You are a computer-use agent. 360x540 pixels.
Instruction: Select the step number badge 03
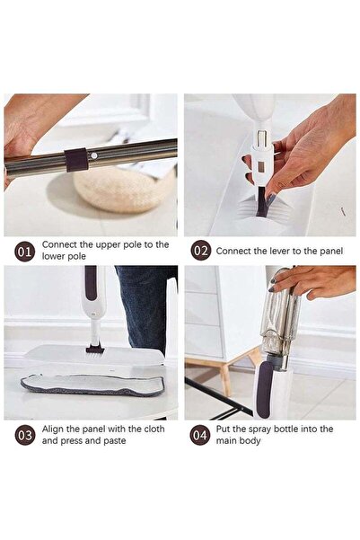[25, 436]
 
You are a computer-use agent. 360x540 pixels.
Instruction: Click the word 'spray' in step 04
[256, 429]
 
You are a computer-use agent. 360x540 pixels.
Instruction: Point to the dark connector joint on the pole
[77, 159]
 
